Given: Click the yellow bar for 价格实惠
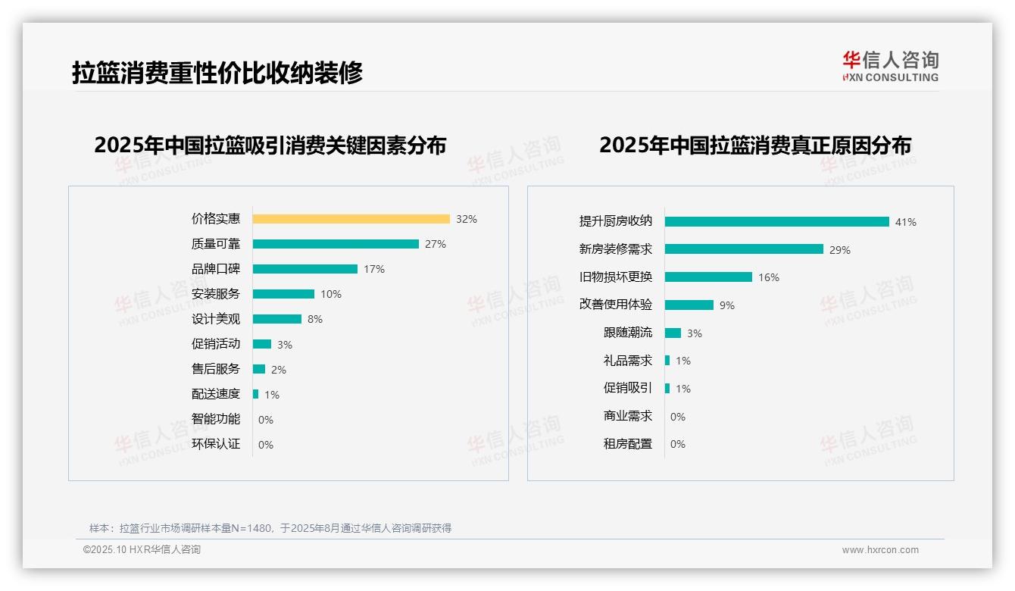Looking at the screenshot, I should pyautogui.click(x=351, y=219).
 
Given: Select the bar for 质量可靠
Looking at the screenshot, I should pyautogui.click(x=336, y=244).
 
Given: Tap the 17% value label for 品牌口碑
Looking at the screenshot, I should pyautogui.click(x=374, y=269).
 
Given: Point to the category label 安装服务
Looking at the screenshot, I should pyautogui.click(x=216, y=293).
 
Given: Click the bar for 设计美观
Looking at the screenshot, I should pyautogui.click(x=277, y=319).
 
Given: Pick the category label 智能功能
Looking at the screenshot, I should pyautogui.click(x=216, y=419).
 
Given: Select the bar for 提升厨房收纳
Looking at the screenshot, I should pyautogui.click(x=776, y=222).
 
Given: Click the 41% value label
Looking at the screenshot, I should pyautogui.click(x=906, y=222).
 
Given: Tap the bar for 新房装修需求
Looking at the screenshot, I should pyautogui.click(x=744, y=249).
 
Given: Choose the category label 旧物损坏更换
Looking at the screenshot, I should pyautogui.click(x=616, y=277).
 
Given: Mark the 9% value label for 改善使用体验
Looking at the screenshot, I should pyautogui.click(x=727, y=305).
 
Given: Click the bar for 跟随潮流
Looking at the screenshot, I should pyautogui.click(x=673, y=333).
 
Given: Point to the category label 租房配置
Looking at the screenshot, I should pyautogui.click(x=628, y=444).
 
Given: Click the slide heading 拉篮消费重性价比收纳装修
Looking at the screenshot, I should pyautogui.click(x=217, y=73).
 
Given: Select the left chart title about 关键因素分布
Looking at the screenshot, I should pyautogui.click(x=270, y=145).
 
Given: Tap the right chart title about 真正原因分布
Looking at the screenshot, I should pyautogui.click(x=755, y=145).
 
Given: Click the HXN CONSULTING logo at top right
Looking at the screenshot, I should pyautogui.click(x=890, y=67).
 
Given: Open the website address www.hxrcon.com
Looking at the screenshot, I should pyautogui.click(x=880, y=550).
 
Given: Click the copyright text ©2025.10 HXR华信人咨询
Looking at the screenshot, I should pyautogui.click(x=142, y=550).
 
